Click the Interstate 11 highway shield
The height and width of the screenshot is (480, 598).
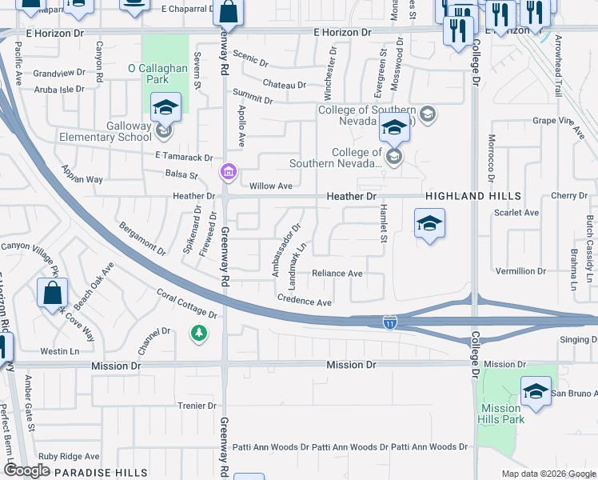[x=389, y=322]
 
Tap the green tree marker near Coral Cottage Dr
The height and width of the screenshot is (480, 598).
[x=197, y=332]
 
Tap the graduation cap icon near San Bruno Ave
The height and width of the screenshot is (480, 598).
[x=536, y=392]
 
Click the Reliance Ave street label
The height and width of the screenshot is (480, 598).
[x=337, y=274]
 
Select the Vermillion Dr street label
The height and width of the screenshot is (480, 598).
[x=520, y=271]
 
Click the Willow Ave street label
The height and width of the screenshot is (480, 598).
[x=271, y=186]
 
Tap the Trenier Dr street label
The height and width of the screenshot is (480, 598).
[x=192, y=406]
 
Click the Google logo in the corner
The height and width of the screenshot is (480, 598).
[x=26, y=470]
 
